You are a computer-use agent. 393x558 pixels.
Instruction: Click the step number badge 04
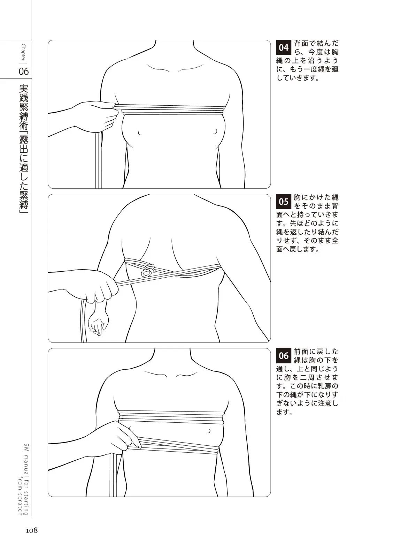tap(283, 47)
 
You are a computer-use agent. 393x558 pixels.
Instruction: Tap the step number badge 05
tap(283, 201)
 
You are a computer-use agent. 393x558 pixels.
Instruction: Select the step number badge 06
tap(283, 355)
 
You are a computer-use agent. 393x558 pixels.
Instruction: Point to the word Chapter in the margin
tap(24, 52)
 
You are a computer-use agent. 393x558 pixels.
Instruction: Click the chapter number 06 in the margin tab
tap(24, 71)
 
